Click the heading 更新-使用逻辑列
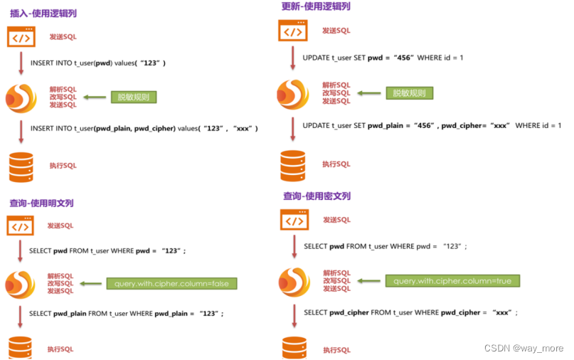[x=316, y=6]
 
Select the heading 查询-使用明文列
[x=41, y=203]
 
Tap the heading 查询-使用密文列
[x=317, y=196]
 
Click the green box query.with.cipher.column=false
[x=171, y=284]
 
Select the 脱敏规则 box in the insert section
[x=133, y=97]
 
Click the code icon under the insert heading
[x=21, y=36]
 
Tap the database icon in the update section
[x=292, y=166]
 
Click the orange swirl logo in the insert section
[x=21, y=97]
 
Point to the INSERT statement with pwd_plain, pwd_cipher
[x=144, y=128]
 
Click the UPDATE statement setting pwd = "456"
[x=383, y=57]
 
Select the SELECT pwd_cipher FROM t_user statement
[x=410, y=312]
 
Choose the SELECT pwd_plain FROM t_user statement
[x=126, y=313]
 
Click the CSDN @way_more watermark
[x=523, y=348]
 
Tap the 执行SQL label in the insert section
[x=62, y=166]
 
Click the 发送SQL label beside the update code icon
[x=336, y=31]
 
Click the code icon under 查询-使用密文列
[x=294, y=220]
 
